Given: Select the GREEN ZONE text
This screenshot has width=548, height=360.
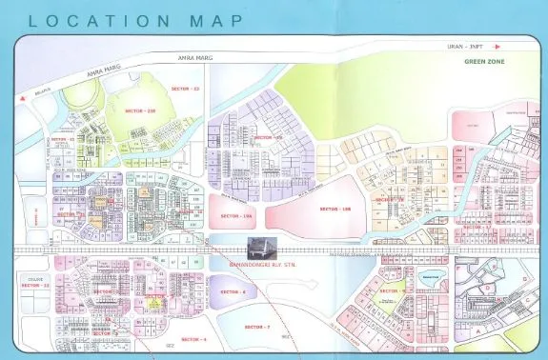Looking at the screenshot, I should (483, 62).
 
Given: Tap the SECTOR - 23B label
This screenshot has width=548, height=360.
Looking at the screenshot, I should (139, 110).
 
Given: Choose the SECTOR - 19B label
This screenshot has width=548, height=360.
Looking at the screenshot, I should (335, 208).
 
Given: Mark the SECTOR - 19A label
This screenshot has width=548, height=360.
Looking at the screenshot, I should (241, 217).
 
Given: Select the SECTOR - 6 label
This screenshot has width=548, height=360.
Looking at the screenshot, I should (233, 291).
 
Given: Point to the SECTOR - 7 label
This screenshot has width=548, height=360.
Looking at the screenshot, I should (257, 327).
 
